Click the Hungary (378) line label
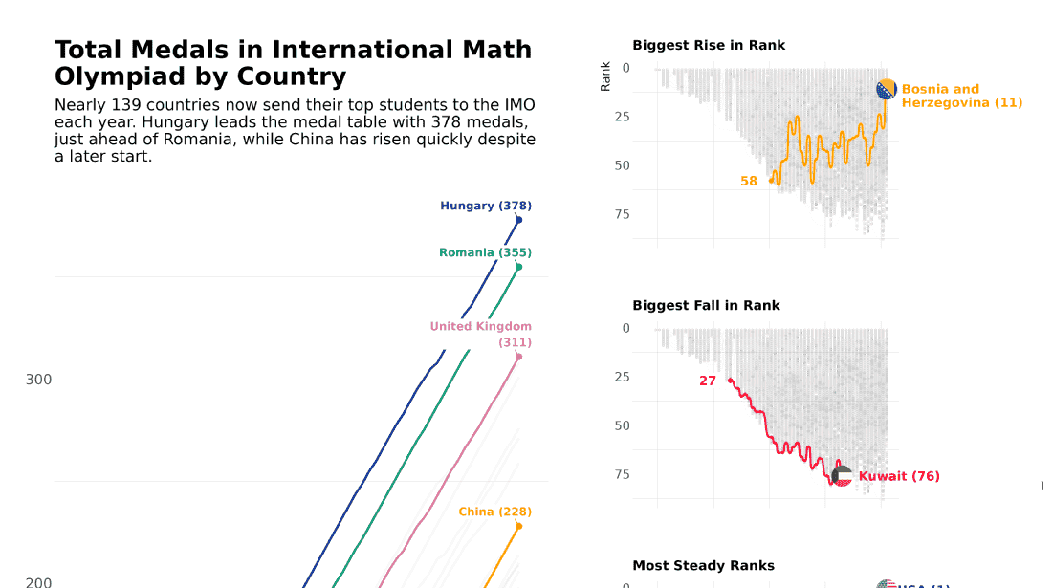(485, 206)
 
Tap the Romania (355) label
(485, 252)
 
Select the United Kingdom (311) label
(480, 334)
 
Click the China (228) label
(494, 512)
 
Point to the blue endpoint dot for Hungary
(518, 220)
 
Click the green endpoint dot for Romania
(518, 267)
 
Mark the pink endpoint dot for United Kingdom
(518, 357)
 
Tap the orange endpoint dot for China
(518, 526)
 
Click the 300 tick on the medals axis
(38, 380)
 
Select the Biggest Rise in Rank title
(709, 45)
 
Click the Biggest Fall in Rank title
(706, 305)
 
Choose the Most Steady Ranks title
(703, 565)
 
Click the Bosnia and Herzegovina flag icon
(887, 89)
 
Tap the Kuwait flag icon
(842, 476)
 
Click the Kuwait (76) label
(899, 476)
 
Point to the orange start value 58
(749, 181)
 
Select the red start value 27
(708, 381)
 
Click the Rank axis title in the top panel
(605, 76)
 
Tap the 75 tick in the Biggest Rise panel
(622, 214)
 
